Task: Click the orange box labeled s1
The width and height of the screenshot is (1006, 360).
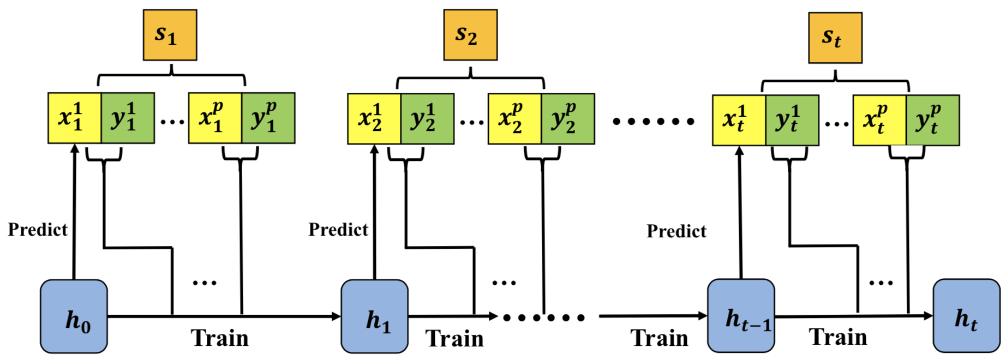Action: point(170,35)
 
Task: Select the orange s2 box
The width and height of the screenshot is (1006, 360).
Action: point(470,35)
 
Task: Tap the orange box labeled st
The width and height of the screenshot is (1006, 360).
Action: point(835,38)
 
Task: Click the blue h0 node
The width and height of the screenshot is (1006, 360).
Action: point(74,316)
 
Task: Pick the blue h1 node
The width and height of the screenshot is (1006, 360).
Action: point(375,316)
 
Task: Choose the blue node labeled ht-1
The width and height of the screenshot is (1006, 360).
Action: point(741,316)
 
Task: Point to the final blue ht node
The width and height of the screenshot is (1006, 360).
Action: point(967,316)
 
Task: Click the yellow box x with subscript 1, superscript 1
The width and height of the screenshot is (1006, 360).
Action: point(75,118)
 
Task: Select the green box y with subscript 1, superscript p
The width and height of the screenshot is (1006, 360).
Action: point(268,118)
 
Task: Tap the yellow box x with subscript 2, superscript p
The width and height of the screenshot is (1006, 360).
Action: point(515,119)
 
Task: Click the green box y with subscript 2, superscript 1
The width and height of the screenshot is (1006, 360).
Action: point(427,119)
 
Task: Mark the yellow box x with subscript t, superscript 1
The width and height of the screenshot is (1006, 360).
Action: point(739,121)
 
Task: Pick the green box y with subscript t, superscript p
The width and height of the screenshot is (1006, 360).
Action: point(933,121)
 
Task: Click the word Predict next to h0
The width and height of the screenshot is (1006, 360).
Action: point(38,230)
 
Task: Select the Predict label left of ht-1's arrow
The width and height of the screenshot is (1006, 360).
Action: point(676,231)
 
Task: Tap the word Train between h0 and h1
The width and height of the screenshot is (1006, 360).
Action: point(219,338)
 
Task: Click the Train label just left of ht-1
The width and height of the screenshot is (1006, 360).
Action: point(660,338)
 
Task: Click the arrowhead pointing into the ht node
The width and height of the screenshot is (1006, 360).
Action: point(928,315)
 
